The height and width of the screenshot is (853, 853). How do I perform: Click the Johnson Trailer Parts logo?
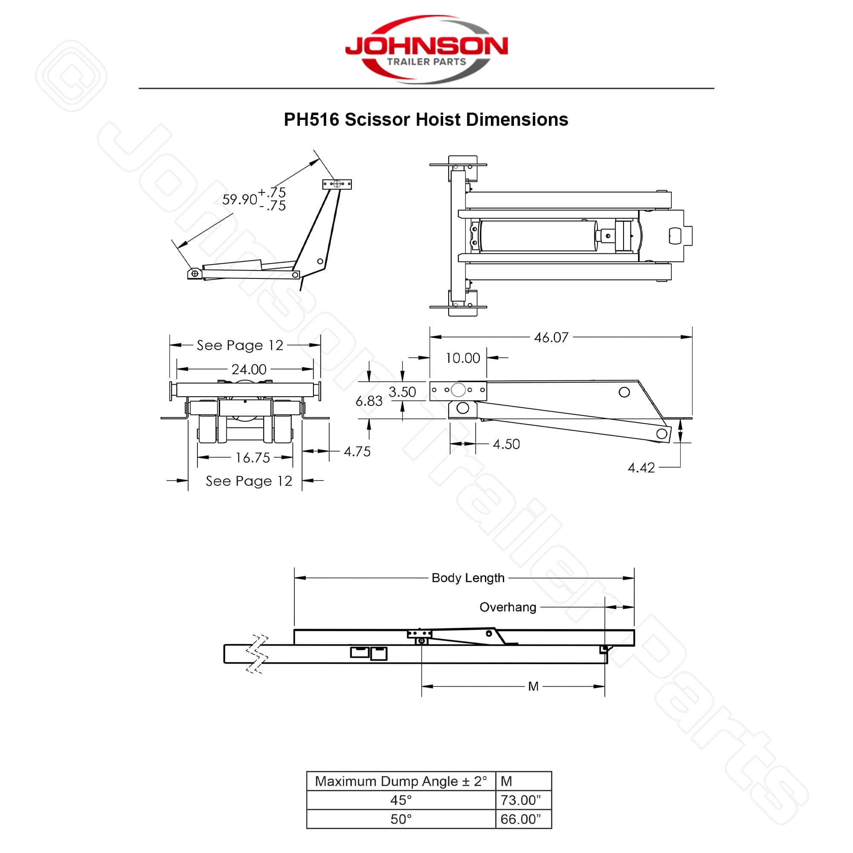[x=426, y=49]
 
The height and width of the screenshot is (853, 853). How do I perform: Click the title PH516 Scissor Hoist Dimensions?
[x=426, y=120]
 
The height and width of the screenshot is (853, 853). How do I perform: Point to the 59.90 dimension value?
[x=239, y=200]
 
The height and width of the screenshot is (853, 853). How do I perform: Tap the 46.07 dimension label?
[x=551, y=338]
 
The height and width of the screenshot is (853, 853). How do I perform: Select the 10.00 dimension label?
[x=463, y=358]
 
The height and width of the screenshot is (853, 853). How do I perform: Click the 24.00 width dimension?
[x=249, y=369]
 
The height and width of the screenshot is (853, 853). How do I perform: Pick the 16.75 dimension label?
[x=252, y=457]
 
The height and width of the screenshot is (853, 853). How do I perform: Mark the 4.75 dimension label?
[x=357, y=451]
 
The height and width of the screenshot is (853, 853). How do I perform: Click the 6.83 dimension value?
[x=368, y=401]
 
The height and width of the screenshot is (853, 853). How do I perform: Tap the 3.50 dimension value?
[x=402, y=392]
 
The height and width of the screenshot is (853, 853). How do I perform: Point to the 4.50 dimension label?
[x=506, y=444]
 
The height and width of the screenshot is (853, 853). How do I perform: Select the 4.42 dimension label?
[x=641, y=467]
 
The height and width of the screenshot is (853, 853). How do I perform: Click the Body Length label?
[x=468, y=578]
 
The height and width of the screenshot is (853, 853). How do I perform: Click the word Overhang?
[x=508, y=607]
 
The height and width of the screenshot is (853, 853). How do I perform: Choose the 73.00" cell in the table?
[x=520, y=800]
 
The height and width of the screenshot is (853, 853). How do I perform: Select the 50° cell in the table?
[x=401, y=819]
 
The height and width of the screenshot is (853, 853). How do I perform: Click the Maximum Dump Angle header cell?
[x=401, y=781]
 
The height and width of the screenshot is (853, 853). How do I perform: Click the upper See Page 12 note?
[x=240, y=345]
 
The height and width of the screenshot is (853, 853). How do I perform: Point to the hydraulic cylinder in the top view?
[x=538, y=236]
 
